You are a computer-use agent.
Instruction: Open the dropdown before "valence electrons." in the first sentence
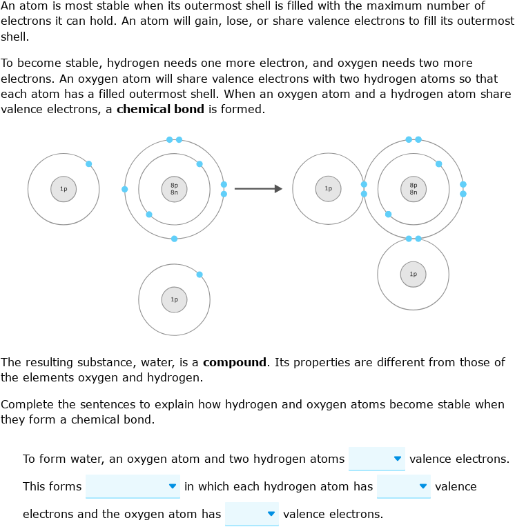tap(376, 459)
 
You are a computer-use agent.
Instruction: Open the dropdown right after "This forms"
tap(133, 486)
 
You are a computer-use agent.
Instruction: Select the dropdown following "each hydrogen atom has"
tap(403, 486)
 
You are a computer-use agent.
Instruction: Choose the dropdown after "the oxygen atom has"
tap(251, 514)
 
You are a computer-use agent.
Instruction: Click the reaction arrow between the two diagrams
tap(258, 188)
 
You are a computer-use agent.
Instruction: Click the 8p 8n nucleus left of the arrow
tap(174, 188)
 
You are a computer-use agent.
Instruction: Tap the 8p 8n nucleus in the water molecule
tap(414, 188)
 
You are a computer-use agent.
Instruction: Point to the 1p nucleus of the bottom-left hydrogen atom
tap(174, 299)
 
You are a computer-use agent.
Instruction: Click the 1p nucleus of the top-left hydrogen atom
tap(64, 189)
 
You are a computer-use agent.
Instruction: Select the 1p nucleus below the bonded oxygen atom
tap(414, 275)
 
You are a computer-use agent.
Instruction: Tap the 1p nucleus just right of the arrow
tap(329, 188)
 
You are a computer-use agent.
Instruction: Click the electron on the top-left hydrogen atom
tap(89, 164)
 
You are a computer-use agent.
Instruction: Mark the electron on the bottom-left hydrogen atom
tap(200, 275)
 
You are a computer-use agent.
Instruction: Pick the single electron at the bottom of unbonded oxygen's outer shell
tap(174, 239)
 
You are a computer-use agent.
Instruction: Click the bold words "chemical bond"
tap(160, 109)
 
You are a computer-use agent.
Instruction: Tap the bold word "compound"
tap(235, 362)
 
